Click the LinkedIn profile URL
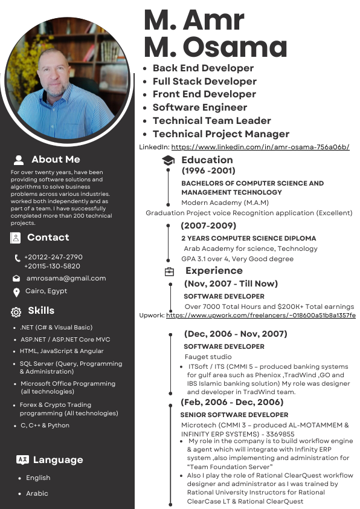pyautogui.click(x=260, y=147)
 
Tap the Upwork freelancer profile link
pyautogui.click(x=260, y=316)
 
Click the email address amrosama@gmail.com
pyautogui.click(x=66, y=279)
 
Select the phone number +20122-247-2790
pyautogui.click(x=53, y=257)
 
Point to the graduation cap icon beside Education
pyautogui.click(x=168, y=160)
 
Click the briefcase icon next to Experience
pyautogui.click(x=169, y=271)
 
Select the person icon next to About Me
pyautogui.click(x=19, y=160)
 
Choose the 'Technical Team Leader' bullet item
pyautogui.click(x=211, y=121)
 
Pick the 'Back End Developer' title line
pyautogui.click(x=203, y=68)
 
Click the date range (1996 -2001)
pyautogui.click(x=208, y=171)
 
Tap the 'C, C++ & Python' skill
pyautogui.click(x=45, y=426)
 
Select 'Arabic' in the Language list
pyautogui.click(x=37, y=493)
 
